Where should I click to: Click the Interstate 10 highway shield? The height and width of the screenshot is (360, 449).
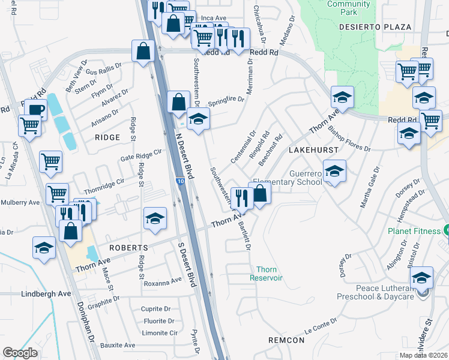click(181, 180)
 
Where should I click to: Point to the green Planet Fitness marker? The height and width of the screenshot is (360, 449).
click(445, 230)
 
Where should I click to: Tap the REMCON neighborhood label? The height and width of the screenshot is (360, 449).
click(286, 340)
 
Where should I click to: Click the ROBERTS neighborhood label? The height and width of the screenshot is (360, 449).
click(128, 248)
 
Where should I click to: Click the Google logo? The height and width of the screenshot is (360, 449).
click(20, 353)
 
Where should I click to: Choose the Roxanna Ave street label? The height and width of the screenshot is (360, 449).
click(162, 280)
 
